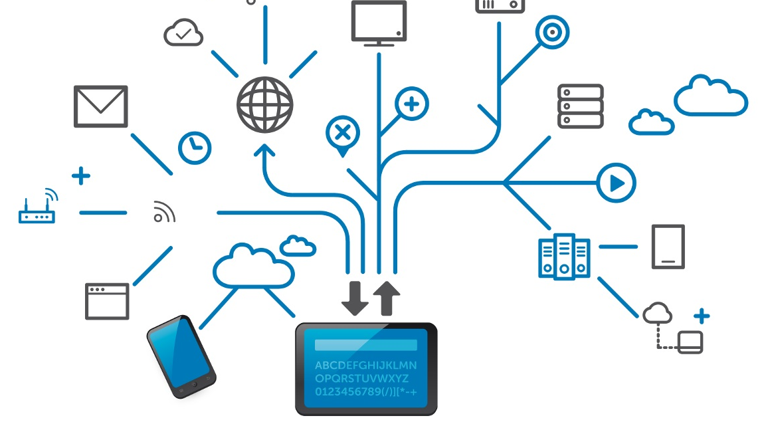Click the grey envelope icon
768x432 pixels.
(x=100, y=106)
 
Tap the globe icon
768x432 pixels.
(x=265, y=105)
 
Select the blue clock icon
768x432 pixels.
(x=195, y=148)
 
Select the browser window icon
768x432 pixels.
(x=107, y=301)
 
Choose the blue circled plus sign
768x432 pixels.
(x=412, y=104)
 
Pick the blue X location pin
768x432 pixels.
(x=343, y=134)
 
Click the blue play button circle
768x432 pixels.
(x=616, y=182)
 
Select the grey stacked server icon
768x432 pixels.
(x=581, y=106)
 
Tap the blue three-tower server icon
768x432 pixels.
(x=563, y=257)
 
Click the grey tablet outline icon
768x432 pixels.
(x=668, y=247)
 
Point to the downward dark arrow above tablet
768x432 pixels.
(x=355, y=298)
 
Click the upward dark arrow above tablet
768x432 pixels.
(x=387, y=298)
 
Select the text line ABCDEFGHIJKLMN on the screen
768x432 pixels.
(x=365, y=366)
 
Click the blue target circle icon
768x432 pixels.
(x=552, y=32)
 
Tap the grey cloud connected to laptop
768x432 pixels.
(x=658, y=312)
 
